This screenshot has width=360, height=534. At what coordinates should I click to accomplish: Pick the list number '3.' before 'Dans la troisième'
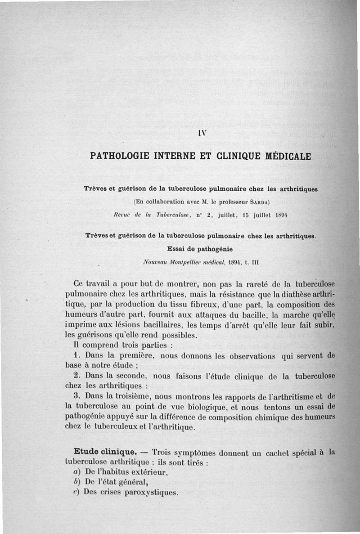[x=76, y=396]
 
